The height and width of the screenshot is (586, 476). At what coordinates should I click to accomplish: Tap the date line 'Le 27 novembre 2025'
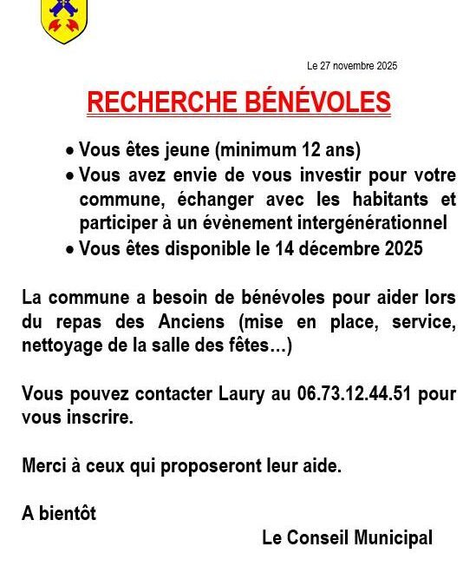tap(351, 66)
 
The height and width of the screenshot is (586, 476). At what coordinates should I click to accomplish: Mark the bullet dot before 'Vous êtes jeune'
tap(69, 151)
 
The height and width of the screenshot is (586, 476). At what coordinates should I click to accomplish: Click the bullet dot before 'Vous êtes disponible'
tap(69, 250)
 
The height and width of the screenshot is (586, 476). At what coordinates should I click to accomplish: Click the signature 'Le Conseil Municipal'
tap(347, 538)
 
